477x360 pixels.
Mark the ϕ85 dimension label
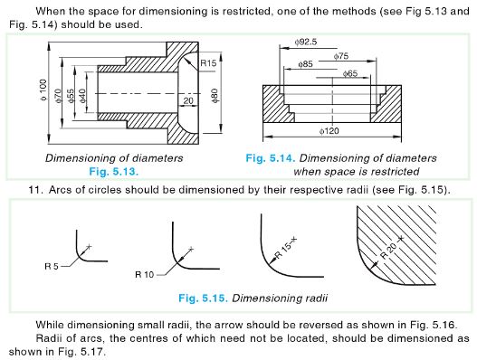303,64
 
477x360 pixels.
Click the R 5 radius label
56,266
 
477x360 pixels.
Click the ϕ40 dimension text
83,94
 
